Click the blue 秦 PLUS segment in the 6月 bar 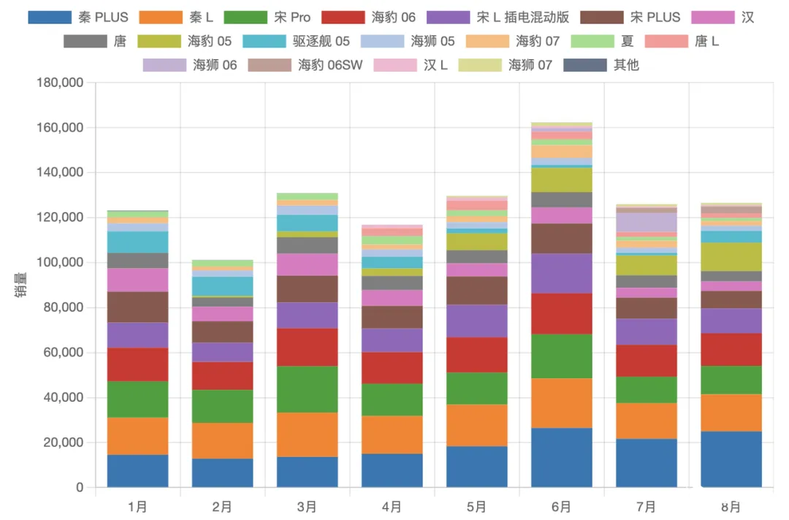(562, 457)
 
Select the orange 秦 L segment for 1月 (137, 436)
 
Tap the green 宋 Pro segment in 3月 (307, 389)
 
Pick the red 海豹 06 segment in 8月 (731, 349)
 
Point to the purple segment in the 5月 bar (476, 321)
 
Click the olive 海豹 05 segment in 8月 (731, 256)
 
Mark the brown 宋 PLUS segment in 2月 (222, 332)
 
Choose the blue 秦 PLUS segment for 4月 (392, 470)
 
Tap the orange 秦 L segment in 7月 (646, 421)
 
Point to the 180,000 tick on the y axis (60, 83)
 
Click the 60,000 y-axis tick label (64, 353)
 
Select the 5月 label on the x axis (476, 506)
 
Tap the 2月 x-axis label (222, 506)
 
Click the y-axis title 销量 (18, 285)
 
